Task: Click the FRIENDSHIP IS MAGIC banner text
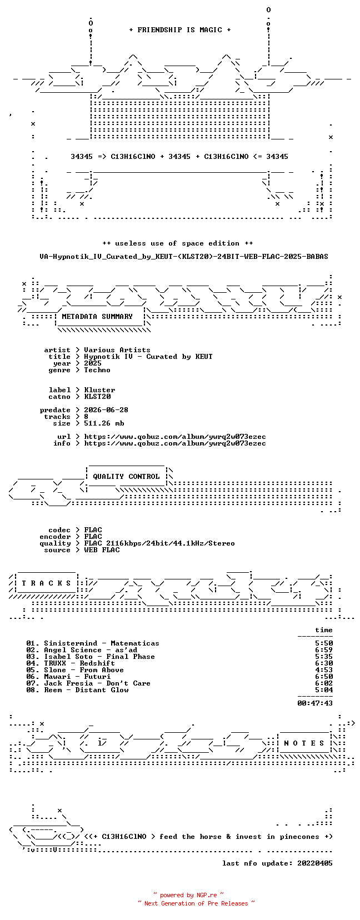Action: coord(180,30)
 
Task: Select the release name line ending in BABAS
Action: coord(184,257)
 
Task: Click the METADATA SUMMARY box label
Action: coord(97,317)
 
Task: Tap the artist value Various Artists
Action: coord(117,350)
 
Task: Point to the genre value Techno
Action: coord(97,370)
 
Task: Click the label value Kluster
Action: coord(99,390)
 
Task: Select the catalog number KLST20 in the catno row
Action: coord(97,397)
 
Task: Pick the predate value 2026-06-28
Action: coord(106,410)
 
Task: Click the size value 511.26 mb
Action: coord(104,423)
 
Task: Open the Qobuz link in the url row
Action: coord(175,437)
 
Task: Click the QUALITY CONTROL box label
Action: coord(126,477)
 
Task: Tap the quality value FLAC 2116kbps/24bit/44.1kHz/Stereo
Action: coord(159,543)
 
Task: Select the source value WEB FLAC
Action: coord(102,550)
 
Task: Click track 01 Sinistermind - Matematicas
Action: coord(93,643)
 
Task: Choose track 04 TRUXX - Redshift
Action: coord(71,663)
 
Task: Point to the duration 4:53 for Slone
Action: coord(324,670)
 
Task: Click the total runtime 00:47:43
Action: coord(315,703)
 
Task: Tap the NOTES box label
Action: coord(304,743)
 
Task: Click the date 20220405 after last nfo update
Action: coord(315,863)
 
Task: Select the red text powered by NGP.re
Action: coord(188,895)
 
